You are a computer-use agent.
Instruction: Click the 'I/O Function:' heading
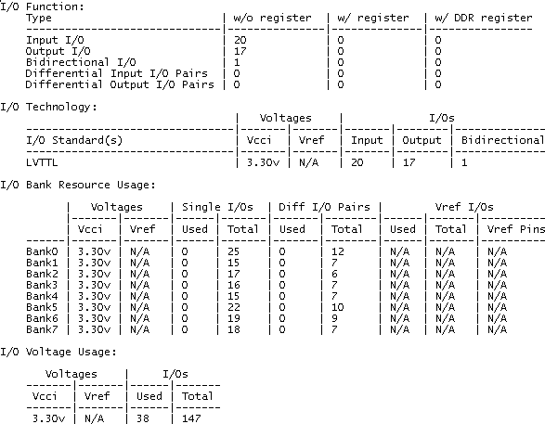tap(42, 6)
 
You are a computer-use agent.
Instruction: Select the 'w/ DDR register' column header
tap(484, 18)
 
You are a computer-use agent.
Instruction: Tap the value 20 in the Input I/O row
tap(240, 40)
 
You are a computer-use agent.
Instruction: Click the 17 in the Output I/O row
tap(240, 51)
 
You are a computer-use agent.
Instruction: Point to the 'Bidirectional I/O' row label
tap(81, 62)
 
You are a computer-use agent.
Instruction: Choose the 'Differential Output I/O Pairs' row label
tap(120, 84)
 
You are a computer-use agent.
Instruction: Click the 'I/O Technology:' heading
tap(48, 107)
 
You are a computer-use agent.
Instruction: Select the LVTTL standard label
tap(42, 162)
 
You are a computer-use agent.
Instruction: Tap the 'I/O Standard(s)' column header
tap(74, 140)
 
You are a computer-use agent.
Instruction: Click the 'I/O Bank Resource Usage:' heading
tap(78, 185)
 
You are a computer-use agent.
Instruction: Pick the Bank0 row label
tap(42, 251)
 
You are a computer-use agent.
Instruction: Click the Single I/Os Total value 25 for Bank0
tap(234, 251)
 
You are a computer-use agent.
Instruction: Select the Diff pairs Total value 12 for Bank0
tap(338, 251)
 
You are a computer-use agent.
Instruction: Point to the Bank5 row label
tap(42, 307)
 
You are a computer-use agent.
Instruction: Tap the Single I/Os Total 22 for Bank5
tap(234, 307)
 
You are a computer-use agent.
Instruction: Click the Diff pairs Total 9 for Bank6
tap(334, 318)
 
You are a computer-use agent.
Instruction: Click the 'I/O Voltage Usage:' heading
tap(58, 352)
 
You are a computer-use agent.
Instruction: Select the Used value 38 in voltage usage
tap(143, 418)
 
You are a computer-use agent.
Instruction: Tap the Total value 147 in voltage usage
tap(191, 418)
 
